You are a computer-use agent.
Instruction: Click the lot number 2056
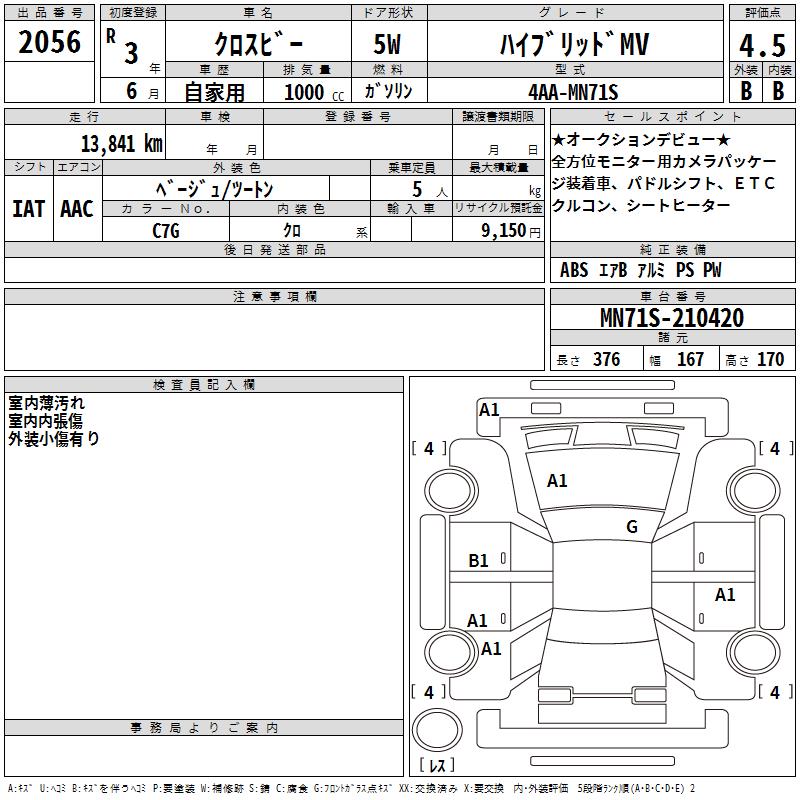49,41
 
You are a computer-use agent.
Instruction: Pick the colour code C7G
166,229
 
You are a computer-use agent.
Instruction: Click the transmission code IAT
28,209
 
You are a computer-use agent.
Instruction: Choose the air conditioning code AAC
76,209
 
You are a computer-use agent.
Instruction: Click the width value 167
690,360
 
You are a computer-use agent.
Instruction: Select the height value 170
770,360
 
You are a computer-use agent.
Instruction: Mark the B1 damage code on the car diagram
479,561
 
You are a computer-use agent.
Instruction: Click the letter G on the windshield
631,527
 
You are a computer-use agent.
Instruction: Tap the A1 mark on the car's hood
557,481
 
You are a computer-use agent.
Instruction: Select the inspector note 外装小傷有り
54,438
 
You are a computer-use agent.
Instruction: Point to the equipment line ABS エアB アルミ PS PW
640,270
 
